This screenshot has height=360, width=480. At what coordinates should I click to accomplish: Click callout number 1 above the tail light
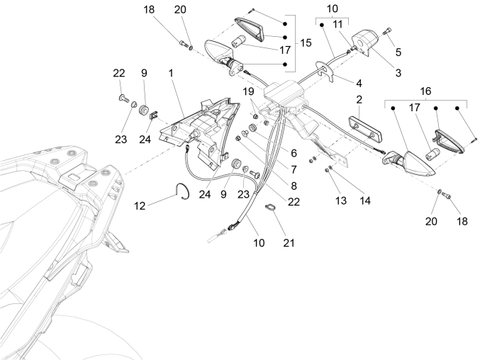pos(171,73)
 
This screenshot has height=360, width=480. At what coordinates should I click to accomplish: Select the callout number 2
pos(359,99)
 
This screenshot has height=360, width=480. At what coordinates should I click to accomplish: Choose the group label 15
pos(306,43)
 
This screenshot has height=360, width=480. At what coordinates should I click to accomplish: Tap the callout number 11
pos(337,24)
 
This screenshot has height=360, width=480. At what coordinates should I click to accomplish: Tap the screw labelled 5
pos(387,31)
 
